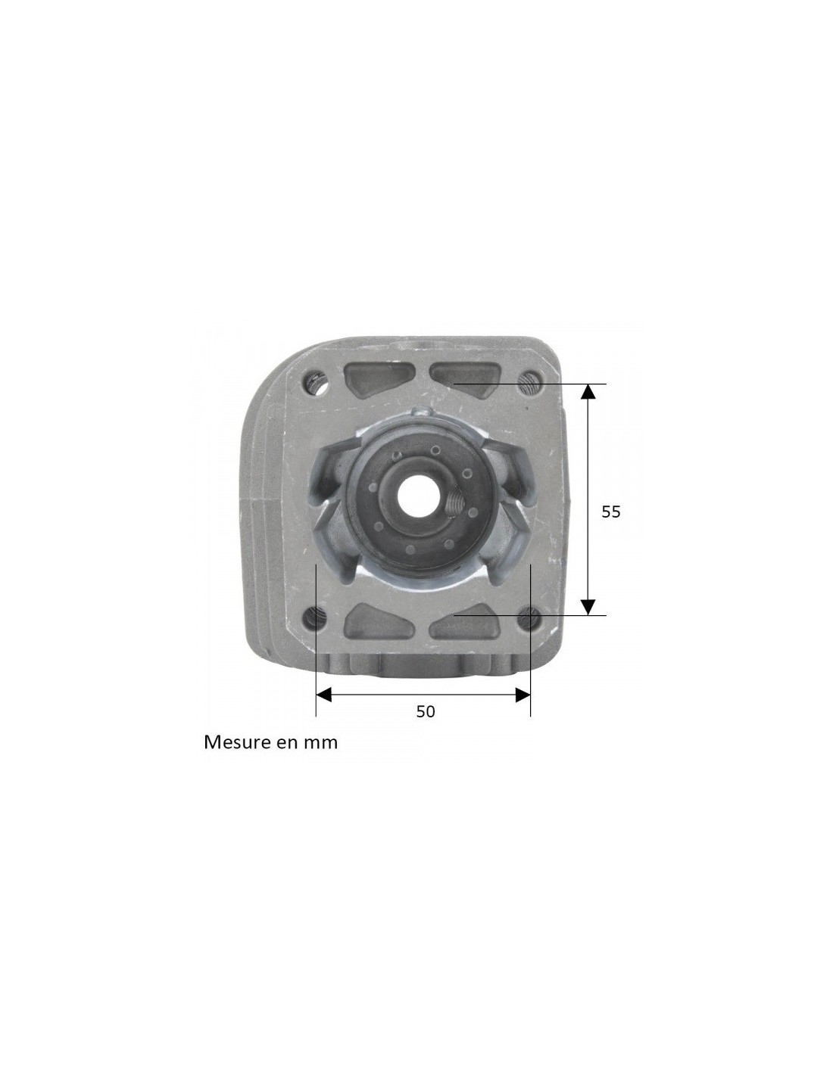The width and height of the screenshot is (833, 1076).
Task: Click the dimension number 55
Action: click(x=610, y=512)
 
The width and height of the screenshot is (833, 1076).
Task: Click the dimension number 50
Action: click(x=425, y=711)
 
